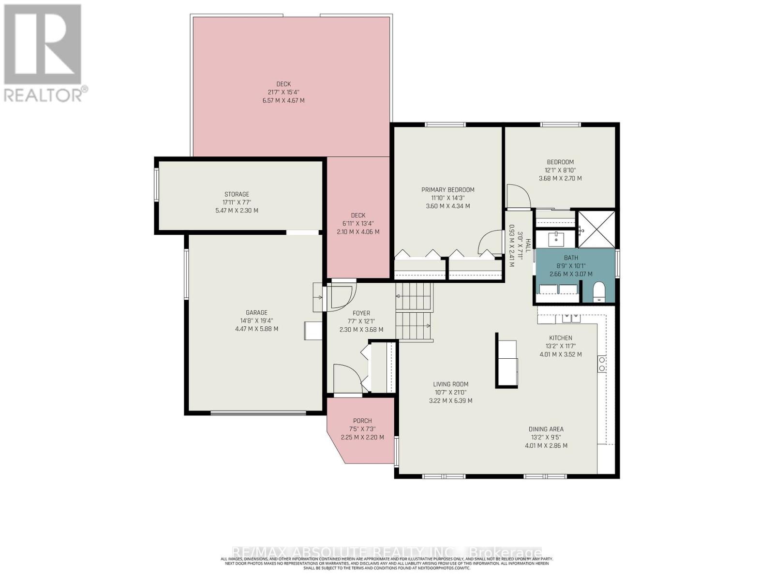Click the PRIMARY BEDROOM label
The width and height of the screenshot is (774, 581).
tap(447, 190)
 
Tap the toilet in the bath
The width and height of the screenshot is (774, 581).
tap(599, 292)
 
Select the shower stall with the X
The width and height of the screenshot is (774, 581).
tap(596, 229)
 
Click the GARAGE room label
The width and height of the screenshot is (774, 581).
tap(256, 313)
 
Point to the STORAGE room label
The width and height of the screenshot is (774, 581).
tap(237, 194)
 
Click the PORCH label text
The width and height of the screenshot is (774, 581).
tap(362, 421)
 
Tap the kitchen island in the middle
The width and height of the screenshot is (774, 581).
tap(506, 360)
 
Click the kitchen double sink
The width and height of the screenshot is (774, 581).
tap(571, 318)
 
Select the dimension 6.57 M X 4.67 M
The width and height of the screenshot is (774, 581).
tap(283, 101)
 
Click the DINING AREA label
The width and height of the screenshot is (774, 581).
tap(546, 429)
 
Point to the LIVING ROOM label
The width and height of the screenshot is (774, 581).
tap(450, 384)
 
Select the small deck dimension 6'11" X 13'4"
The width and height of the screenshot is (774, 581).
tap(358, 224)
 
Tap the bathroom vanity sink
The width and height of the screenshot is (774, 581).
tap(556, 238)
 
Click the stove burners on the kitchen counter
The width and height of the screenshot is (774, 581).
tap(602, 364)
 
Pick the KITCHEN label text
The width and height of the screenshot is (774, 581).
tap(560, 338)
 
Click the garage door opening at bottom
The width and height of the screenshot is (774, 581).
tap(258, 413)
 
